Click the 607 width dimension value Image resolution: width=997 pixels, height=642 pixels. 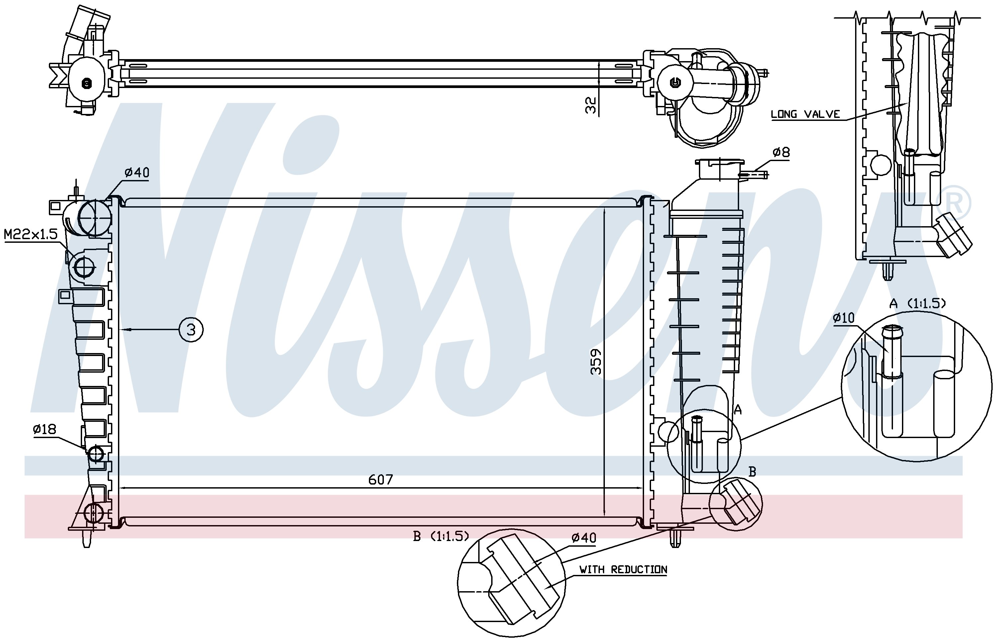381,480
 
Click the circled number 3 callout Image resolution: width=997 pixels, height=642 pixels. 191,330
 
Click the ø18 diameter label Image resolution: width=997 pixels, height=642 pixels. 45,429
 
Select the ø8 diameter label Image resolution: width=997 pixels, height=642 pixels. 781,152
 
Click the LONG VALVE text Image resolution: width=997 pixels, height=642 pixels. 805,114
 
